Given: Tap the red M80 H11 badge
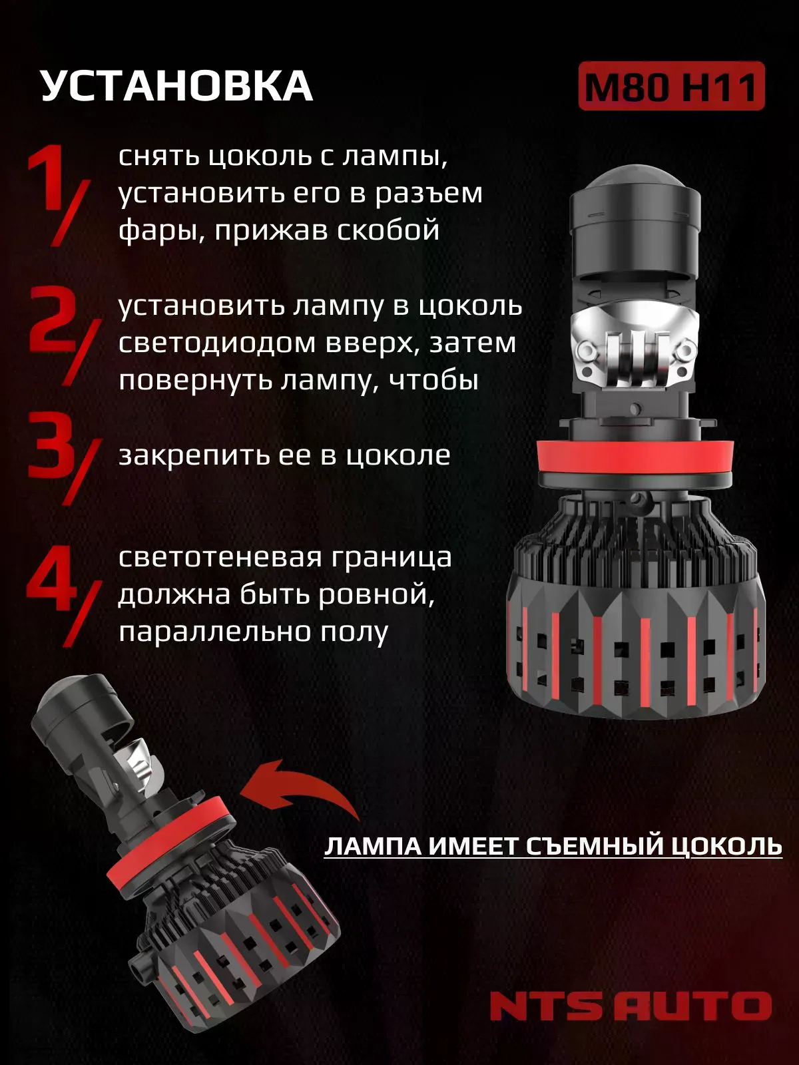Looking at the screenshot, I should [671, 87].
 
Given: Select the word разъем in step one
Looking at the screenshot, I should [432, 194].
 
